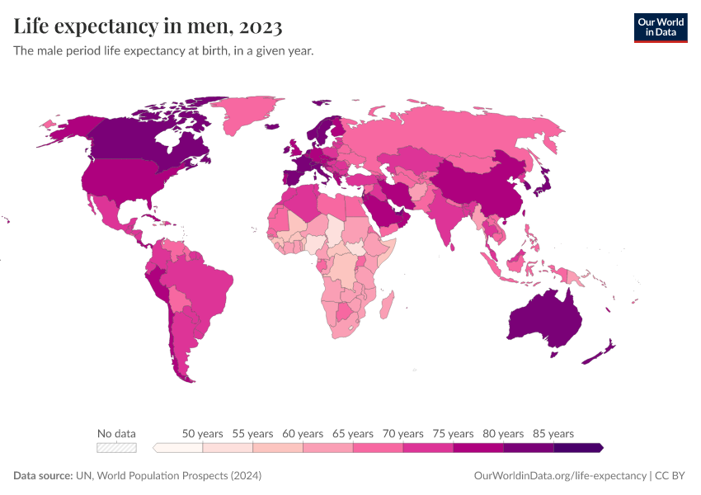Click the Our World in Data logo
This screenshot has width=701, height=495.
(660, 26)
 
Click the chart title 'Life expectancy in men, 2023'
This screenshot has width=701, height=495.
(148, 26)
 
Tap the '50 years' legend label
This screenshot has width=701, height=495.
(202, 433)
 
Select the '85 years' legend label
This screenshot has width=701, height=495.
(553, 433)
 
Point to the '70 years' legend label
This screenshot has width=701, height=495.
(403, 433)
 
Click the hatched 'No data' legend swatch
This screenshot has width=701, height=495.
(116, 447)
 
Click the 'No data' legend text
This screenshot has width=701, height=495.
(116, 433)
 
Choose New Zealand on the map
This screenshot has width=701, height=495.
(599, 352)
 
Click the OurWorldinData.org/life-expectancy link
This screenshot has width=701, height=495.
(560, 476)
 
